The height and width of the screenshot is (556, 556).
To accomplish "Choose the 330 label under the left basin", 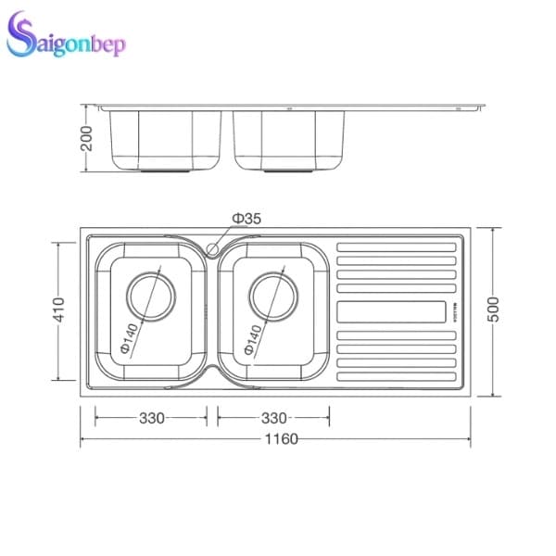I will (152, 418).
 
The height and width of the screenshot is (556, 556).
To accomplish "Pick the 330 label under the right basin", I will (273, 418).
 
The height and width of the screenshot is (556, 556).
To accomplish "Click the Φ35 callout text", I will (246, 218).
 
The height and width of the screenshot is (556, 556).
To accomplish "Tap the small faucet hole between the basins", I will (212, 248).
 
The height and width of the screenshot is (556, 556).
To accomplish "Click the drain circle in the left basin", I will (151, 297).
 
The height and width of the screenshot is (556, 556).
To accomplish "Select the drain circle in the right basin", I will (273, 297).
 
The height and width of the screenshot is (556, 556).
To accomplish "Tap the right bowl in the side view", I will (289, 139).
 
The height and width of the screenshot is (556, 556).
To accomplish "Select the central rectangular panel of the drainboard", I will (398, 311).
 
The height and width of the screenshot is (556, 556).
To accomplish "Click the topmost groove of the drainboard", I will (398, 246).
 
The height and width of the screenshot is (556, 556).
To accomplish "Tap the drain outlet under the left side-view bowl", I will (167, 171).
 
